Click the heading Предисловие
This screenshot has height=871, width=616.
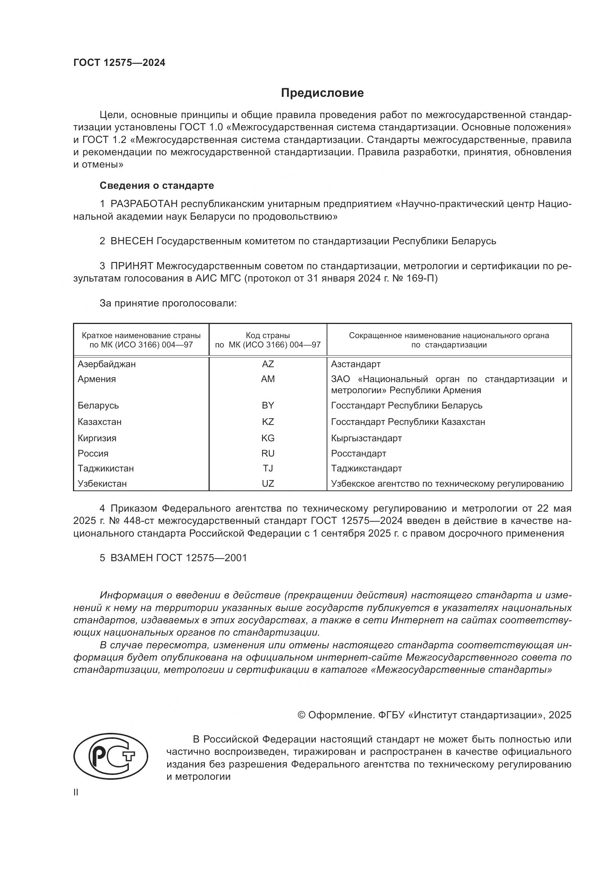(322, 93)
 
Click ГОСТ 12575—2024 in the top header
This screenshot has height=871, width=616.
(119, 63)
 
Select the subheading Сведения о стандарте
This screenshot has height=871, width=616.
(157, 185)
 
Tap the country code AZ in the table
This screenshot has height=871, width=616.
(267, 364)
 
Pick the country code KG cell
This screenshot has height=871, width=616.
(267, 438)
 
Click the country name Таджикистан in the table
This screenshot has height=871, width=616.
(105, 468)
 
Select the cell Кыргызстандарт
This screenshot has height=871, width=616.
(366, 438)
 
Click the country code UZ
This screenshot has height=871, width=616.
(267, 484)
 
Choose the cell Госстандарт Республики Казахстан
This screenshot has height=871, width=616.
(408, 422)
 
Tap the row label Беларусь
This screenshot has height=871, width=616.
(98, 406)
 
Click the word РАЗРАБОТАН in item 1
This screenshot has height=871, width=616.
(144, 204)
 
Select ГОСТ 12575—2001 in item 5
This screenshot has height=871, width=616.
(201, 558)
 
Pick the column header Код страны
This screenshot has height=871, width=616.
(267, 336)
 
